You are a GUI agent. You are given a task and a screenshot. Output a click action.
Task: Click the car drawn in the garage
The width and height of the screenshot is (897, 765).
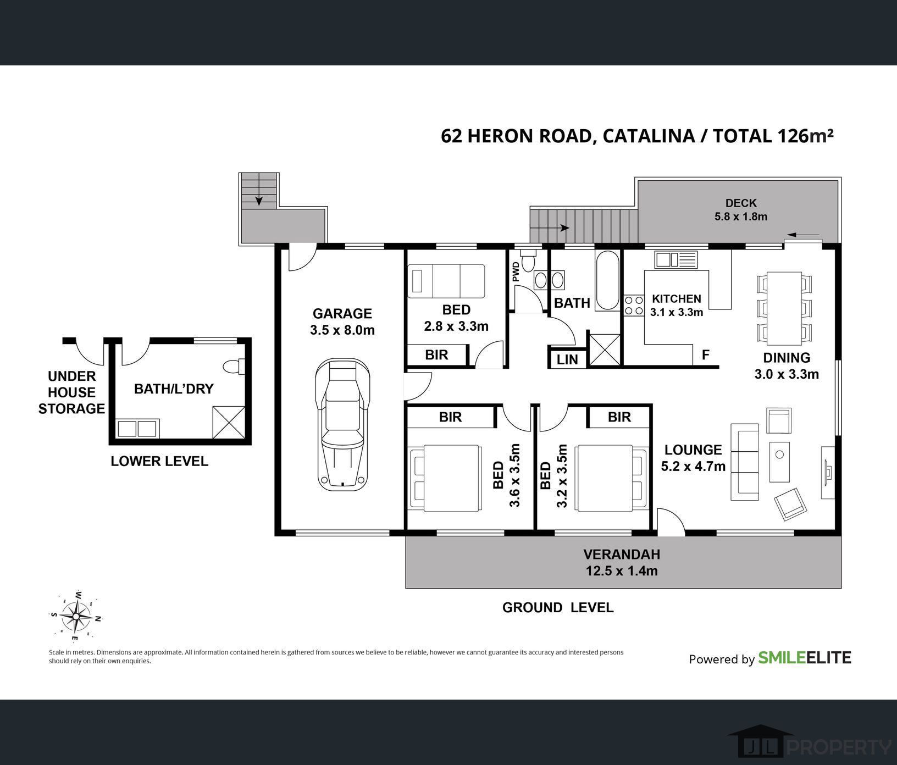coord(341,424)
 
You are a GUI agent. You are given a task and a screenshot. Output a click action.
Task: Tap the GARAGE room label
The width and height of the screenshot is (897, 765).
coord(342,314)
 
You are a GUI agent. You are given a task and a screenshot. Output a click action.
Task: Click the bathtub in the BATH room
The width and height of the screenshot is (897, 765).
coord(607,280)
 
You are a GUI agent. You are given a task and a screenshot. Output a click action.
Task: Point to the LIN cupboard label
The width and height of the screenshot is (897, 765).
coord(567,359)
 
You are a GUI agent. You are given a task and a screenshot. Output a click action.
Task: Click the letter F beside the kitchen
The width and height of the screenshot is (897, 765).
coord(706,355)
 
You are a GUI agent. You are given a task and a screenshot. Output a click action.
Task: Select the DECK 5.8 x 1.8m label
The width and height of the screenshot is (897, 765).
coord(741,210)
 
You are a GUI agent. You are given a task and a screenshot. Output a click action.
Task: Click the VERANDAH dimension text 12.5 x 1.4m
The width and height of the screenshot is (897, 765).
coord(622,571)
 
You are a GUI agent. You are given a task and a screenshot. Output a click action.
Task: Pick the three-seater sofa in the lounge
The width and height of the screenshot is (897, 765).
coord(744,462)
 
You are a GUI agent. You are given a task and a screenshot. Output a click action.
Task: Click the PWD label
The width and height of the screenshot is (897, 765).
coord(516,271)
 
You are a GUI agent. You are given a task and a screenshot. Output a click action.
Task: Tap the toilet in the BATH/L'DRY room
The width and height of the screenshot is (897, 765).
coord(235,367)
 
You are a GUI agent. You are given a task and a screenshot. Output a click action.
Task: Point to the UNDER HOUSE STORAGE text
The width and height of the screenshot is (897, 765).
coord(71,392)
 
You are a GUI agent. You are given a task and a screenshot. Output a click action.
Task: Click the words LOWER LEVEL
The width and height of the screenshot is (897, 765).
coord(159,461)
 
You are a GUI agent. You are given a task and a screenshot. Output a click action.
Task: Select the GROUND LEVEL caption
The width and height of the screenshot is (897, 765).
coord(558,607)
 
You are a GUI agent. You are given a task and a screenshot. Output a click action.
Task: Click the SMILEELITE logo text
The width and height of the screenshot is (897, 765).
coord(805,658)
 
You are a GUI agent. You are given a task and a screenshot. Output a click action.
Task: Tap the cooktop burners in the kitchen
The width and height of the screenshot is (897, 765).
coord(634,306)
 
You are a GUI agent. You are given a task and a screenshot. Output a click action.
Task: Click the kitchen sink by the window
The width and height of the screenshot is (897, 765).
coord(675,259)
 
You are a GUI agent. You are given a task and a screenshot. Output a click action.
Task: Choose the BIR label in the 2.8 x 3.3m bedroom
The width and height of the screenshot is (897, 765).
coord(436,355)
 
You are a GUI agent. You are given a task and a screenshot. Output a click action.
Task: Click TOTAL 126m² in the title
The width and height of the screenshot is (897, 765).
coord(773,135)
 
